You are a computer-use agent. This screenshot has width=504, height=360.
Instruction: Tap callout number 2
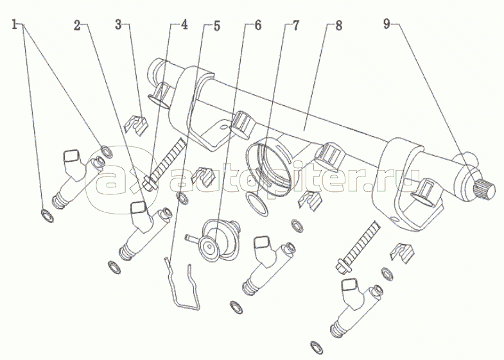(x=77, y=25)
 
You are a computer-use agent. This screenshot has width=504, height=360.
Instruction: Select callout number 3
(x=119, y=25)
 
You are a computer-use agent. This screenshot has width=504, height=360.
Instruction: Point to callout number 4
(x=184, y=25)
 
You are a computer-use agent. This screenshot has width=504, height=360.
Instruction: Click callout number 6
(x=257, y=25)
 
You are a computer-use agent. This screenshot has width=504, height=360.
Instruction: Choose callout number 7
(x=295, y=26)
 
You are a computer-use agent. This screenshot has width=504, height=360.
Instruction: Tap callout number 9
(x=387, y=25)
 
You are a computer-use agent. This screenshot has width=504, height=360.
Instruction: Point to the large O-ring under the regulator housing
(x=257, y=204)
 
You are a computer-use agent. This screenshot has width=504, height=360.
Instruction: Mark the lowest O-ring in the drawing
(x=316, y=347)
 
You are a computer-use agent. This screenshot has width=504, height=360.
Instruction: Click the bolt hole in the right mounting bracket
(x=393, y=221)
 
